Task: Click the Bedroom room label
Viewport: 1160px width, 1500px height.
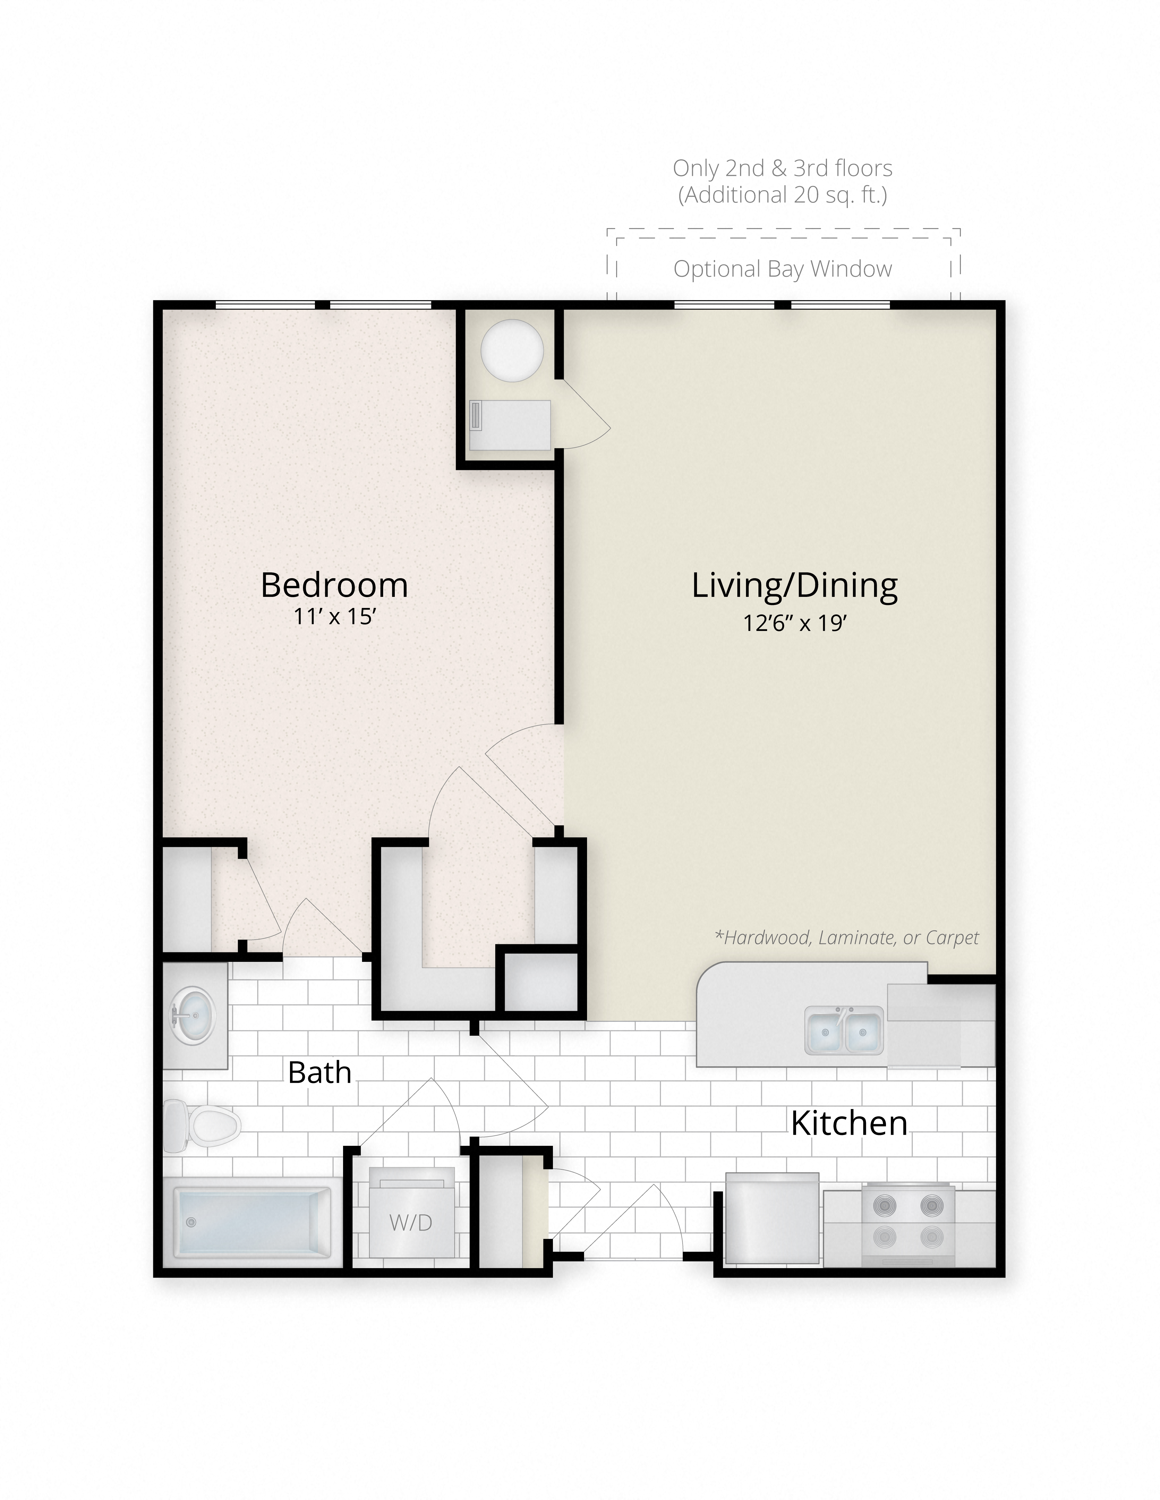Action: pyautogui.click(x=335, y=585)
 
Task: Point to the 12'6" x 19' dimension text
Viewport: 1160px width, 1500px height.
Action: pyautogui.click(x=794, y=623)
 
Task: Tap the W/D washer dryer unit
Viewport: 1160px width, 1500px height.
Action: pyautogui.click(x=411, y=1222)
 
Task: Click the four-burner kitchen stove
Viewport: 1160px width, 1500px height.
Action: pyautogui.click(x=908, y=1225)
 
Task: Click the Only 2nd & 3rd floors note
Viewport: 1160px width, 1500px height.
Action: pyautogui.click(x=783, y=168)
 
